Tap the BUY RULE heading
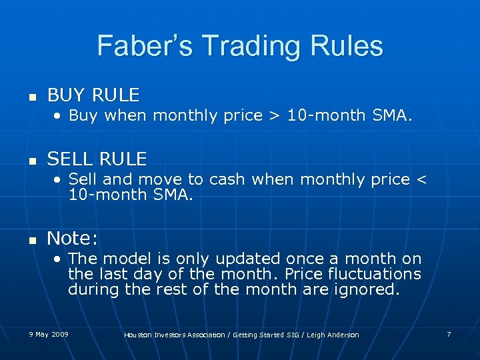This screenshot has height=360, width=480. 93,95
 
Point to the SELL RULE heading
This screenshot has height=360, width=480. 97,159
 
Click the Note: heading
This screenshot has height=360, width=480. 73,238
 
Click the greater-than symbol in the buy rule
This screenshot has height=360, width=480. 274,115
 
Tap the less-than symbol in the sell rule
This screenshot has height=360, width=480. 419,179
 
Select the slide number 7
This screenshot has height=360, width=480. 449,334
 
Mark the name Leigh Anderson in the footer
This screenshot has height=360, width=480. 335,335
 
